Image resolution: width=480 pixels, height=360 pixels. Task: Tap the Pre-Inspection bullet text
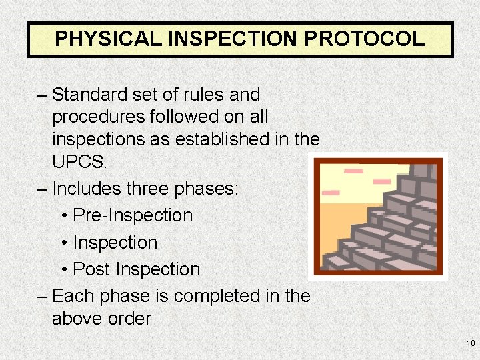tap(133, 215)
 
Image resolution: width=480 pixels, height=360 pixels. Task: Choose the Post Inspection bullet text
tap(136, 269)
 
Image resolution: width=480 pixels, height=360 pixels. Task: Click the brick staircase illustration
tap(379, 216)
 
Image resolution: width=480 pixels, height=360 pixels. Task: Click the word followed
tap(190, 117)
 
